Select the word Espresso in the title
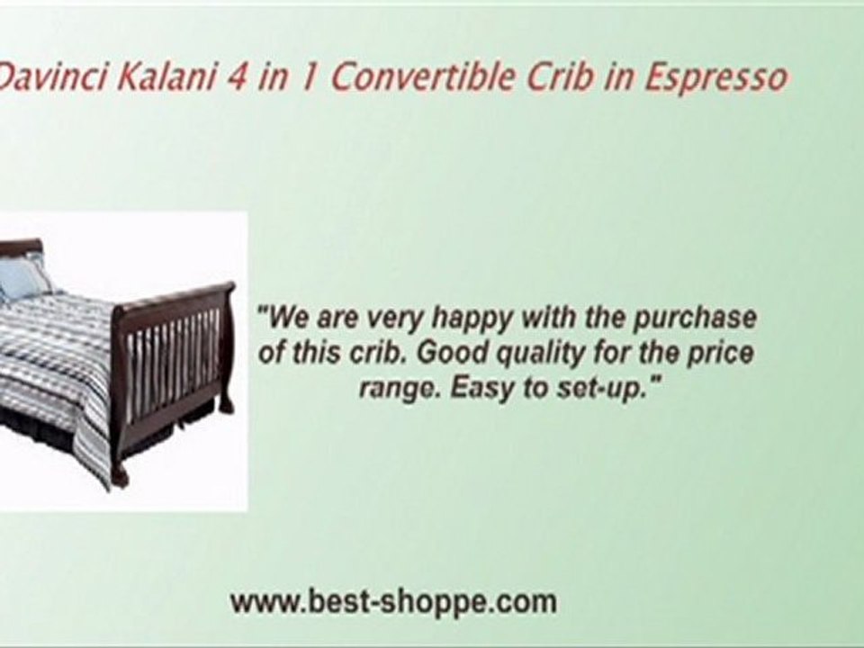715,79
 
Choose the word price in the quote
720,352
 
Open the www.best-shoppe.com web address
393,601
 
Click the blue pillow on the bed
22,278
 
